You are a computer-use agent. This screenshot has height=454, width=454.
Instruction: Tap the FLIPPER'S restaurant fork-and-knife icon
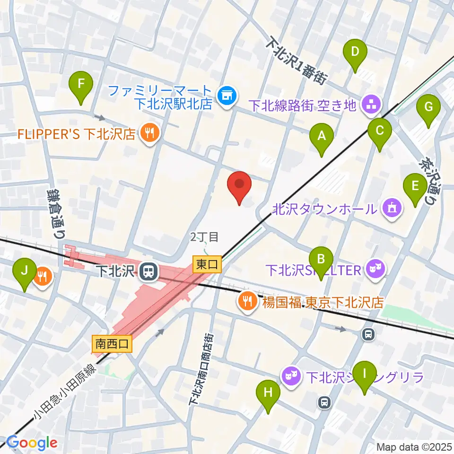(x=149, y=133)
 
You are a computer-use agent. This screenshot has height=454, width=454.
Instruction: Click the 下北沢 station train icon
(x=148, y=271)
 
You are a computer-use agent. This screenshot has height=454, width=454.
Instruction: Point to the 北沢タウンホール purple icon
(x=392, y=208)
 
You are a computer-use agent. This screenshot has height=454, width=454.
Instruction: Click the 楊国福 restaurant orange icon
(x=246, y=301)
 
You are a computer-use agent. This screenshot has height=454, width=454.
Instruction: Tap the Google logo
(x=32, y=443)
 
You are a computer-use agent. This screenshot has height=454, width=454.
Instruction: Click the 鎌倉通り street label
(x=53, y=213)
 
